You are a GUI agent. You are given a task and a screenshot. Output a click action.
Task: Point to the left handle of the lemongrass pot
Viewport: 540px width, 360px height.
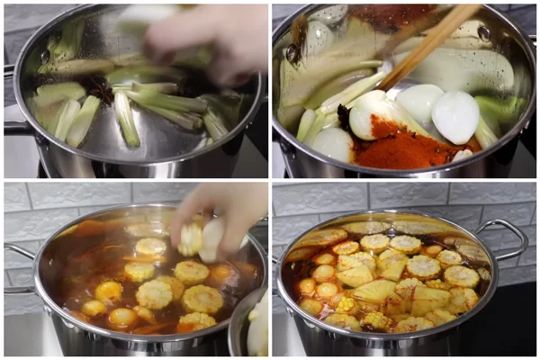pyautogui.click(x=13, y=127)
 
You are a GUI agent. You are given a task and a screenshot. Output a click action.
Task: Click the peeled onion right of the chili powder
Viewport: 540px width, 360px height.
pyautogui.click(x=455, y=117)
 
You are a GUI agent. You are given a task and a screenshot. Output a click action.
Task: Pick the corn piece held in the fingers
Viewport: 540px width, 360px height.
pyautogui.click(x=192, y=239)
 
